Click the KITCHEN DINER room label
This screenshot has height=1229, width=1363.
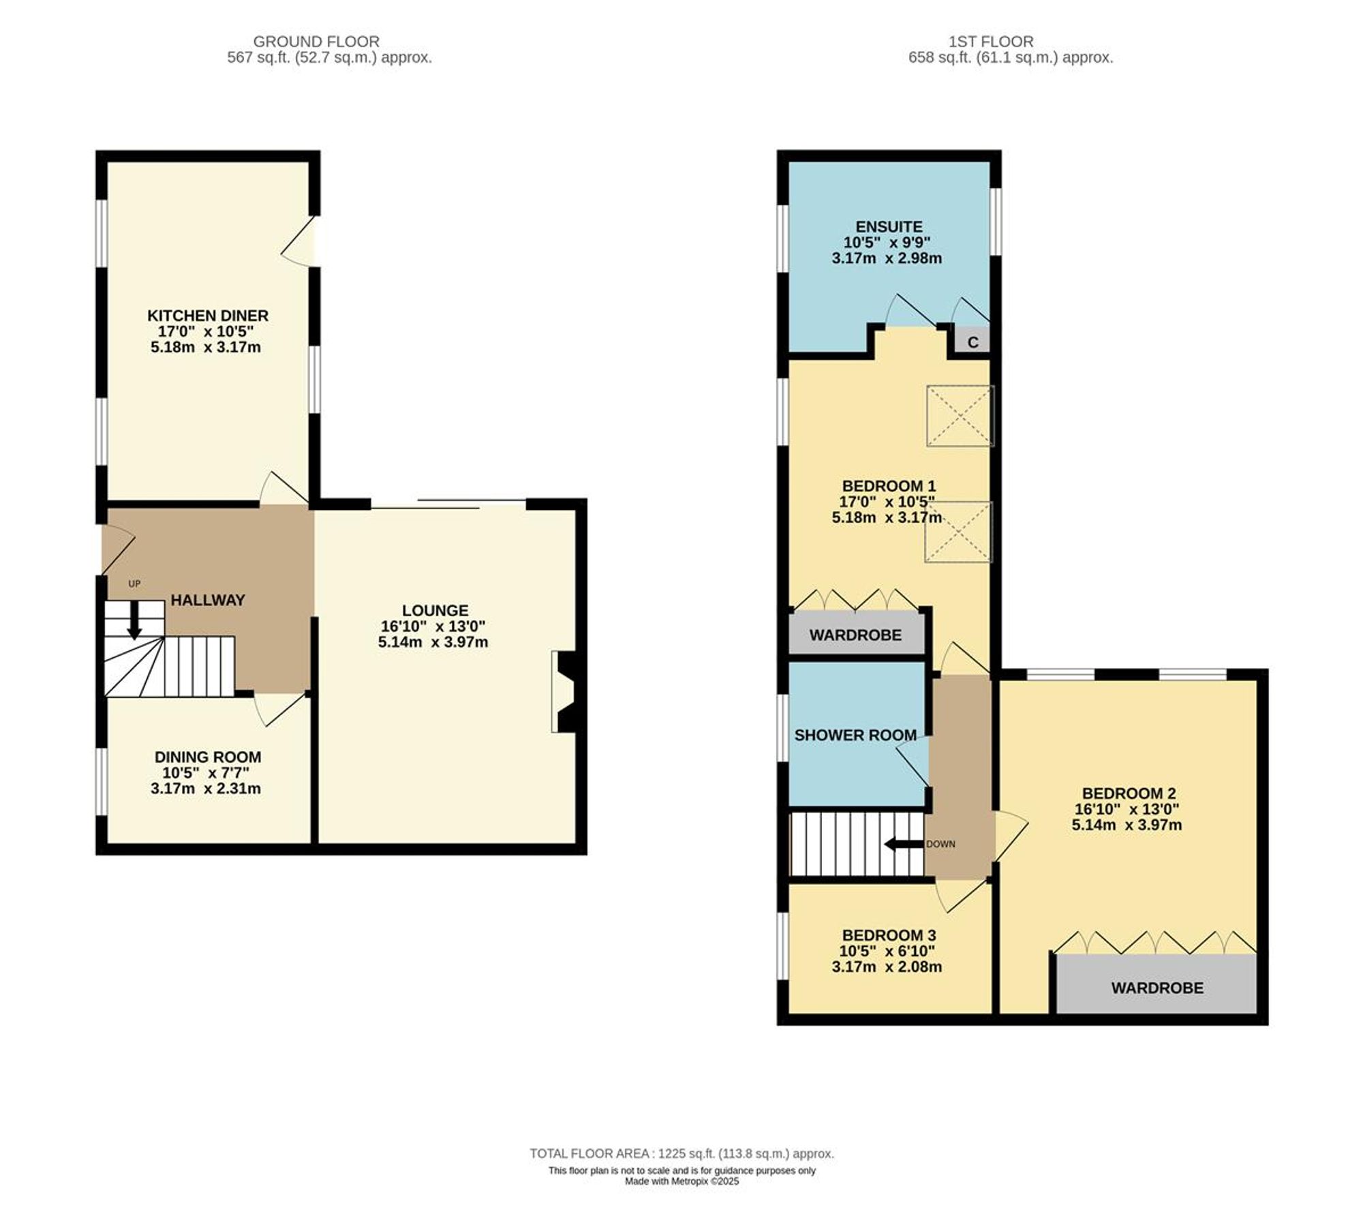pyautogui.click(x=208, y=316)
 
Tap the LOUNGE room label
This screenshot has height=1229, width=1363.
pyautogui.click(x=435, y=610)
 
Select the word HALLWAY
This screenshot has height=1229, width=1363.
pyautogui.click(x=208, y=600)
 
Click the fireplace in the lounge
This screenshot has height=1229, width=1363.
pyautogui.click(x=566, y=692)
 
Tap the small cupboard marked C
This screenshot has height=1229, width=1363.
pyautogui.click(x=973, y=342)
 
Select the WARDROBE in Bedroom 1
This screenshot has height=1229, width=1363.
pyautogui.click(x=855, y=635)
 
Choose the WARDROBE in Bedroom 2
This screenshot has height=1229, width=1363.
pyautogui.click(x=1157, y=988)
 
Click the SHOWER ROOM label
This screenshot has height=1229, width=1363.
pyautogui.click(x=855, y=735)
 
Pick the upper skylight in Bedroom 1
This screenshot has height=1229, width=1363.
pyautogui.click(x=960, y=416)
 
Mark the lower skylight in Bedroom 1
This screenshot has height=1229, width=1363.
pyautogui.click(x=958, y=532)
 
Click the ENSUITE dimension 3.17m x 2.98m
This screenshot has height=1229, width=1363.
pyautogui.click(x=887, y=258)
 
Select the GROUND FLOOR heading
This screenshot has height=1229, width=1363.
pyautogui.click(x=316, y=42)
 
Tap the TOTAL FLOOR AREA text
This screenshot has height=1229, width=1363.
pyautogui.click(x=681, y=1154)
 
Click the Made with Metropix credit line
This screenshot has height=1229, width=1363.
pyautogui.click(x=681, y=1181)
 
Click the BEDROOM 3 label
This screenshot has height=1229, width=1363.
pyautogui.click(x=889, y=935)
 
